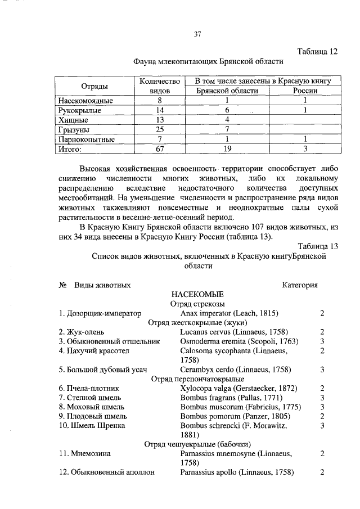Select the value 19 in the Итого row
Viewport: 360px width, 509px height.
[x=227, y=149]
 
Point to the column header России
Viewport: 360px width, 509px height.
[x=305, y=91]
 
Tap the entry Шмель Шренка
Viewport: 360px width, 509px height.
[x=93, y=425]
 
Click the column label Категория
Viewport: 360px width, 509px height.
[x=300, y=285]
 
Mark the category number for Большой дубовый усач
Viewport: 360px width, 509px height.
[x=322, y=370]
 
